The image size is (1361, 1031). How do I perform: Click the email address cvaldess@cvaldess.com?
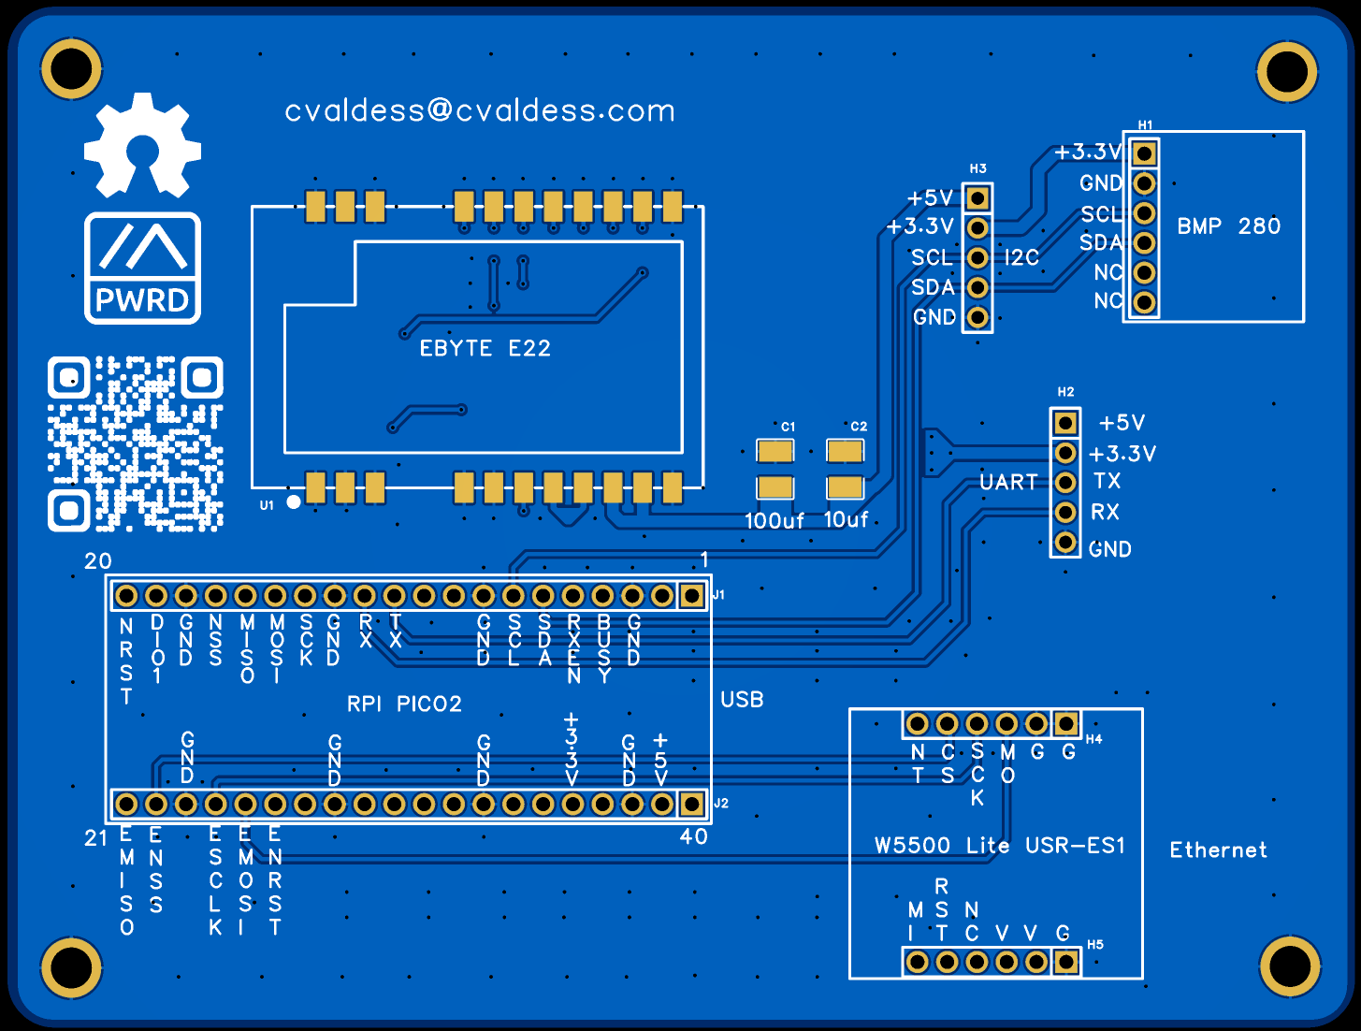click(x=479, y=111)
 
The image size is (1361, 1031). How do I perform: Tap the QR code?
click(x=136, y=443)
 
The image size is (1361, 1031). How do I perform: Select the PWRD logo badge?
click(x=142, y=269)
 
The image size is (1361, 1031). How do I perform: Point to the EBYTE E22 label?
click(x=485, y=349)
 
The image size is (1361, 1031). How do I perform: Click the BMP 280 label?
click(x=1228, y=226)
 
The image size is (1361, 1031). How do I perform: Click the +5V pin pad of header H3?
click(x=977, y=198)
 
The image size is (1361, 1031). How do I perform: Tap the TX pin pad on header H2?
click(x=1065, y=483)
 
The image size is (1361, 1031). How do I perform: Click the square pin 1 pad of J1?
click(x=692, y=596)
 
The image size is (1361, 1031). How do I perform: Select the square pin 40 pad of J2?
click(x=692, y=804)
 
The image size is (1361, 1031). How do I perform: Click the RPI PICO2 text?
click(x=404, y=704)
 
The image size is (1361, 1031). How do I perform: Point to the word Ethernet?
click(x=1218, y=850)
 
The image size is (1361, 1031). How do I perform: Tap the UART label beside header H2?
click(x=1008, y=483)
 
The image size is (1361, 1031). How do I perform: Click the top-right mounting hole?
click(x=1287, y=71)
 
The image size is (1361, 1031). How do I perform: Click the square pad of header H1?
click(x=1145, y=153)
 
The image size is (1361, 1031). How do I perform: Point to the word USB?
click(x=742, y=700)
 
